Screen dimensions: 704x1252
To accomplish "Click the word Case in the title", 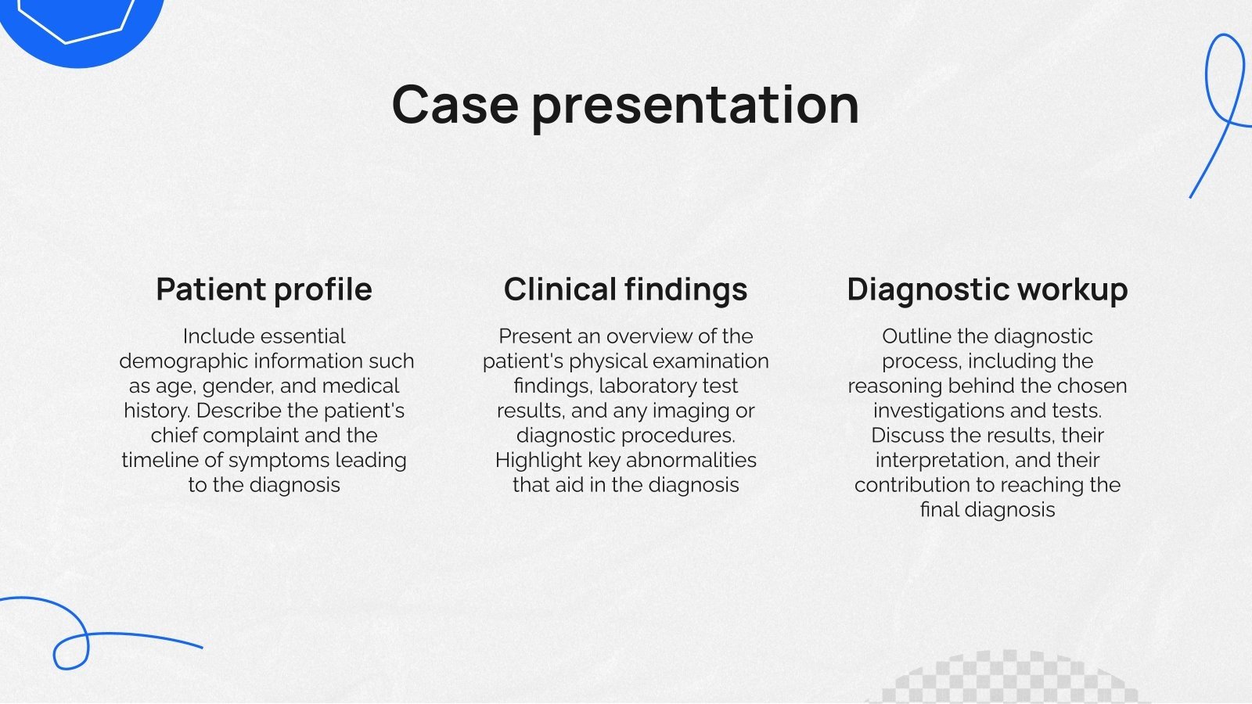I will [455, 105].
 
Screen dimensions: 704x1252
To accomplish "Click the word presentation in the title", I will [695, 106].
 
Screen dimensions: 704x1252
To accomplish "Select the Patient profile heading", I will [264, 289].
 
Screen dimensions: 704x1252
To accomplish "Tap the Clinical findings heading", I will [625, 289].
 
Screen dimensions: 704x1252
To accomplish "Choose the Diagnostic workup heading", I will [987, 289].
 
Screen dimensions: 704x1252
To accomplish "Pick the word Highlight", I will [538, 460].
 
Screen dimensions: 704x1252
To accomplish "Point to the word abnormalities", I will [691, 460].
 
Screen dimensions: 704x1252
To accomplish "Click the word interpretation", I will [941, 460].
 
